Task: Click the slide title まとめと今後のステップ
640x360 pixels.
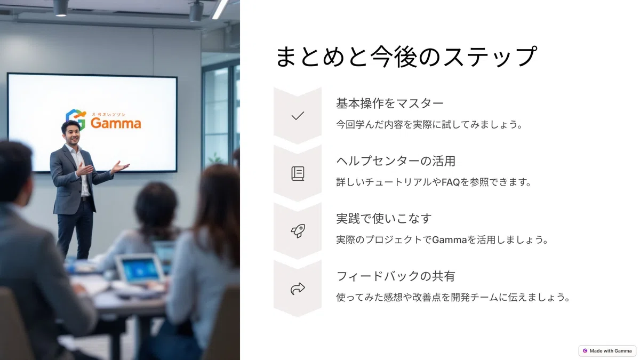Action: tap(406, 57)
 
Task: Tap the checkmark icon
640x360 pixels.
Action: tap(298, 116)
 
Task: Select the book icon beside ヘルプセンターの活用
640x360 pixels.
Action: tap(298, 173)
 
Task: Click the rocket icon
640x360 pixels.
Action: tap(298, 231)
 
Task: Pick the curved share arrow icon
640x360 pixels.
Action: tap(298, 289)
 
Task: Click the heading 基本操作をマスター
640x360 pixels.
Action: tap(389, 103)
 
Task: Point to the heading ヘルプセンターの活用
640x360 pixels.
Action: tap(395, 161)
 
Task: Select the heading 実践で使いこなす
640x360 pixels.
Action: tap(383, 219)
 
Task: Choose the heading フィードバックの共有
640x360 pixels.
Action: tap(395, 276)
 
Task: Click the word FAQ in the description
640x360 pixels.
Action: tap(451, 182)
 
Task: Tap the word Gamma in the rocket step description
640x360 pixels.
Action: tap(449, 239)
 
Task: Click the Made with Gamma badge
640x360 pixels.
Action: tap(607, 350)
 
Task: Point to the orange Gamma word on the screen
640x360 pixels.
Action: tap(116, 123)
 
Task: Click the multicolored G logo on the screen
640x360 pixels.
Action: tap(76, 118)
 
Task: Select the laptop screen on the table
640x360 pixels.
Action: tap(140, 269)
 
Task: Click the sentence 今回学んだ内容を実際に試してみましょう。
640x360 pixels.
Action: tap(429, 125)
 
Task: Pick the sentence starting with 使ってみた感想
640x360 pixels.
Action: tap(453, 298)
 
